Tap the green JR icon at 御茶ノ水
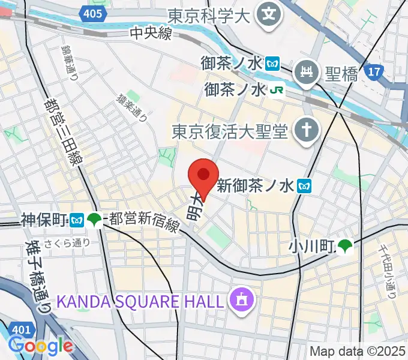click(x=276, y=90)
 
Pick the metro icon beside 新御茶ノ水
click(x=305, y=186)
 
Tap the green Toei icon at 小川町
click(x=344, y=245)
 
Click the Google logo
click(x=40, y=346)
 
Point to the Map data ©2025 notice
click(x=358, y=351)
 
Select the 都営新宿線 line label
click(x=143, y=224)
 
